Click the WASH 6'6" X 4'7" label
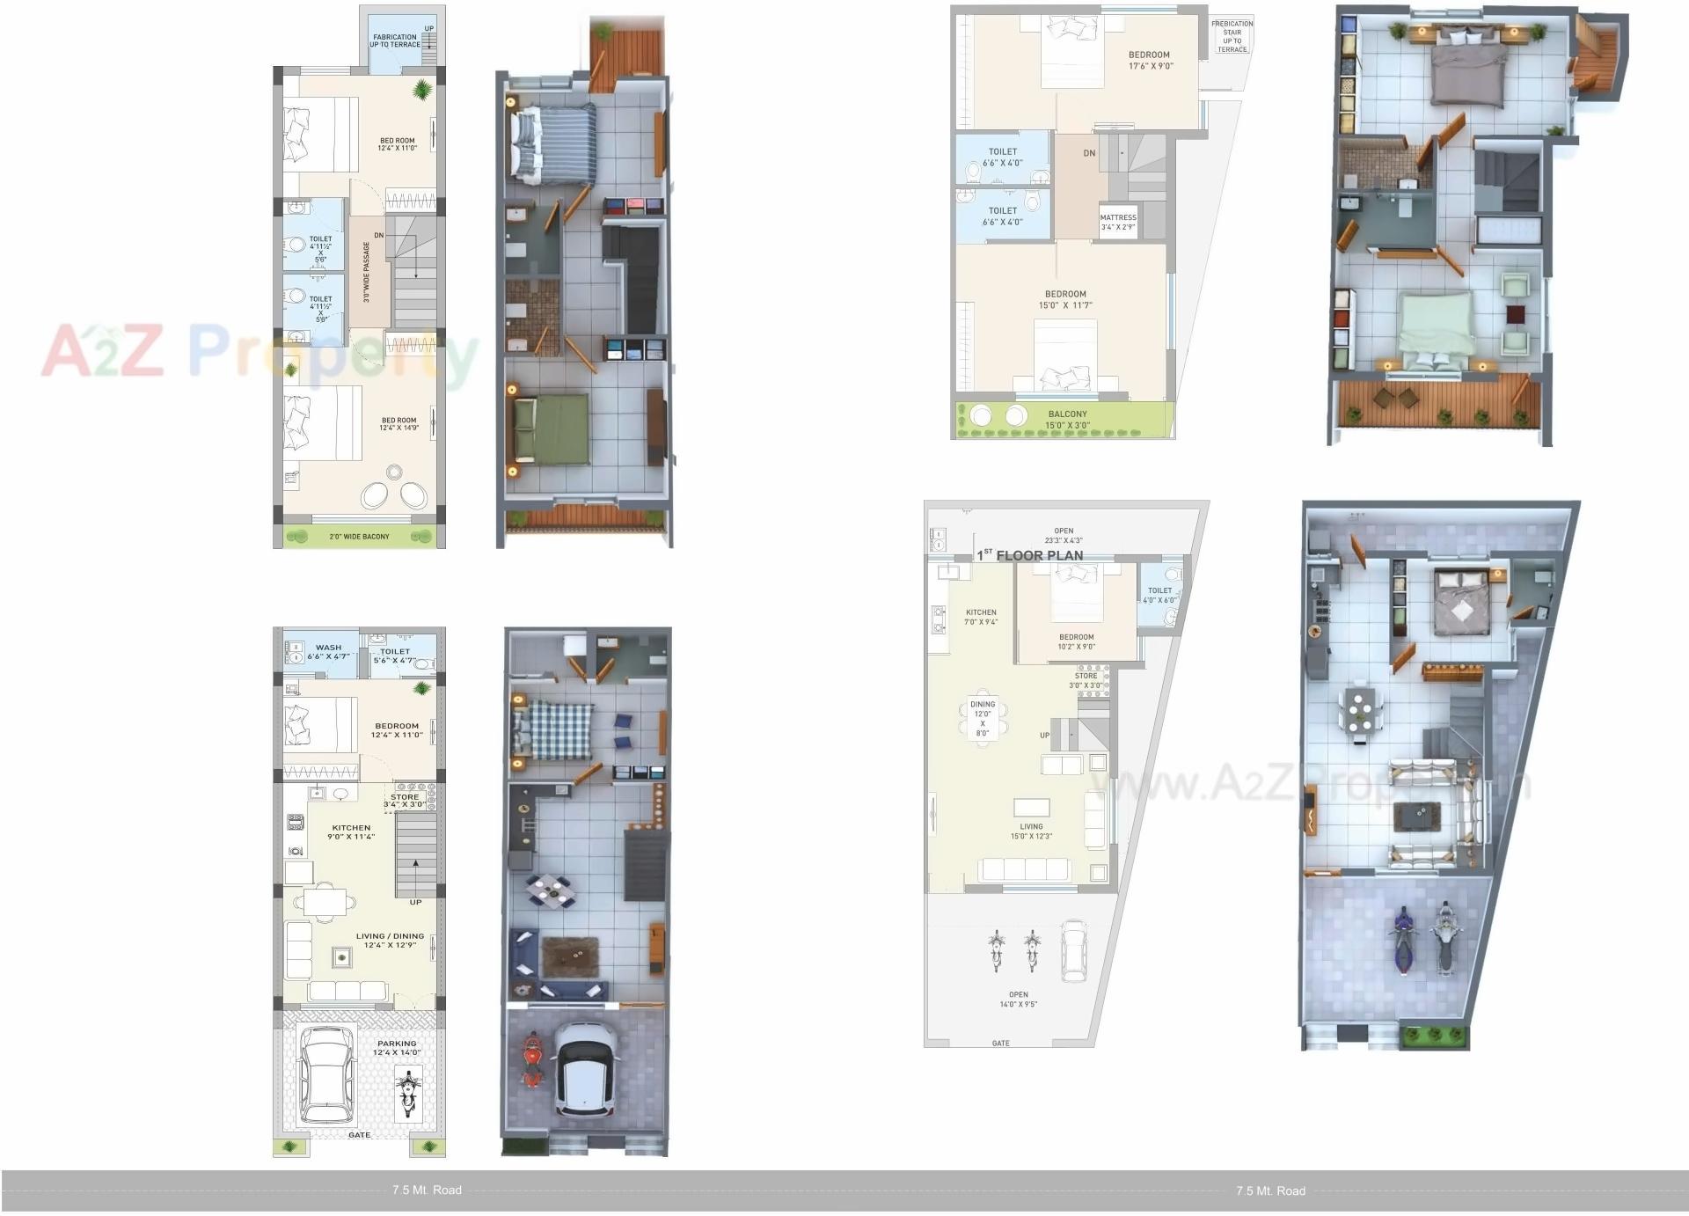[328, 651]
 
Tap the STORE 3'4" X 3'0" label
[405, 800]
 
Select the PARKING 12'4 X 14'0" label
[397, 1047]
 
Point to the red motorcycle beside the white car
[531, 1061]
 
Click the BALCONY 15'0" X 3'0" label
[1067, 419]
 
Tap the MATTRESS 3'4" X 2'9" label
[1118, 222]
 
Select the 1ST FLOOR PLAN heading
[1030, 555]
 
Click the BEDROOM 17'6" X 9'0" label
[1150, 60]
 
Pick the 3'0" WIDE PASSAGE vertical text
[367, 272]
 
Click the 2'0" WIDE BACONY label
[359, 536]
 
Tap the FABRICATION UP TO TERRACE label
[394, 40]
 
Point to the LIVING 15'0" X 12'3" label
[1031, 831]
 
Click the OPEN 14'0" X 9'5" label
[1019, 999]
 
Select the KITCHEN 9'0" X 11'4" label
[351, 831]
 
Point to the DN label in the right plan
[1089, 153]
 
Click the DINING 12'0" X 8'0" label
[983, 718]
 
